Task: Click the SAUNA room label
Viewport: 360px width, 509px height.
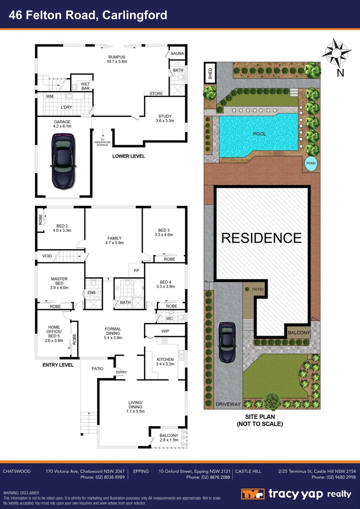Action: [x=177, y=54]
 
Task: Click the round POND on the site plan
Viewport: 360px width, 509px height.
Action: [x=311, y=163]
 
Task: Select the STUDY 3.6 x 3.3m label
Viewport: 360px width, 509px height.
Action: [x=165, y=118]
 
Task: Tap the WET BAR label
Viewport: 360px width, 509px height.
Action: [x=85, y=86]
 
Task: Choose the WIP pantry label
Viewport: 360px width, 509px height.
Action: [x=165, y=331]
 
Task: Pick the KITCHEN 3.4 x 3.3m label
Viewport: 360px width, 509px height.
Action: [x=165, y=361]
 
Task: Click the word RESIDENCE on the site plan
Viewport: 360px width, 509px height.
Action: [x=261, y=238]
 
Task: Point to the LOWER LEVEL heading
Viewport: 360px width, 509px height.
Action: [x=128, y=156]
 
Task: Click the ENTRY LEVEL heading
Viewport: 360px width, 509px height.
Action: [x=58, y=365]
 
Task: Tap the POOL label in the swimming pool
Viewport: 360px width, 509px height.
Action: [x=259, y=134]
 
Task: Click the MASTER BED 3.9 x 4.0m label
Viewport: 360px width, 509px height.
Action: [x=59, y=283]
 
